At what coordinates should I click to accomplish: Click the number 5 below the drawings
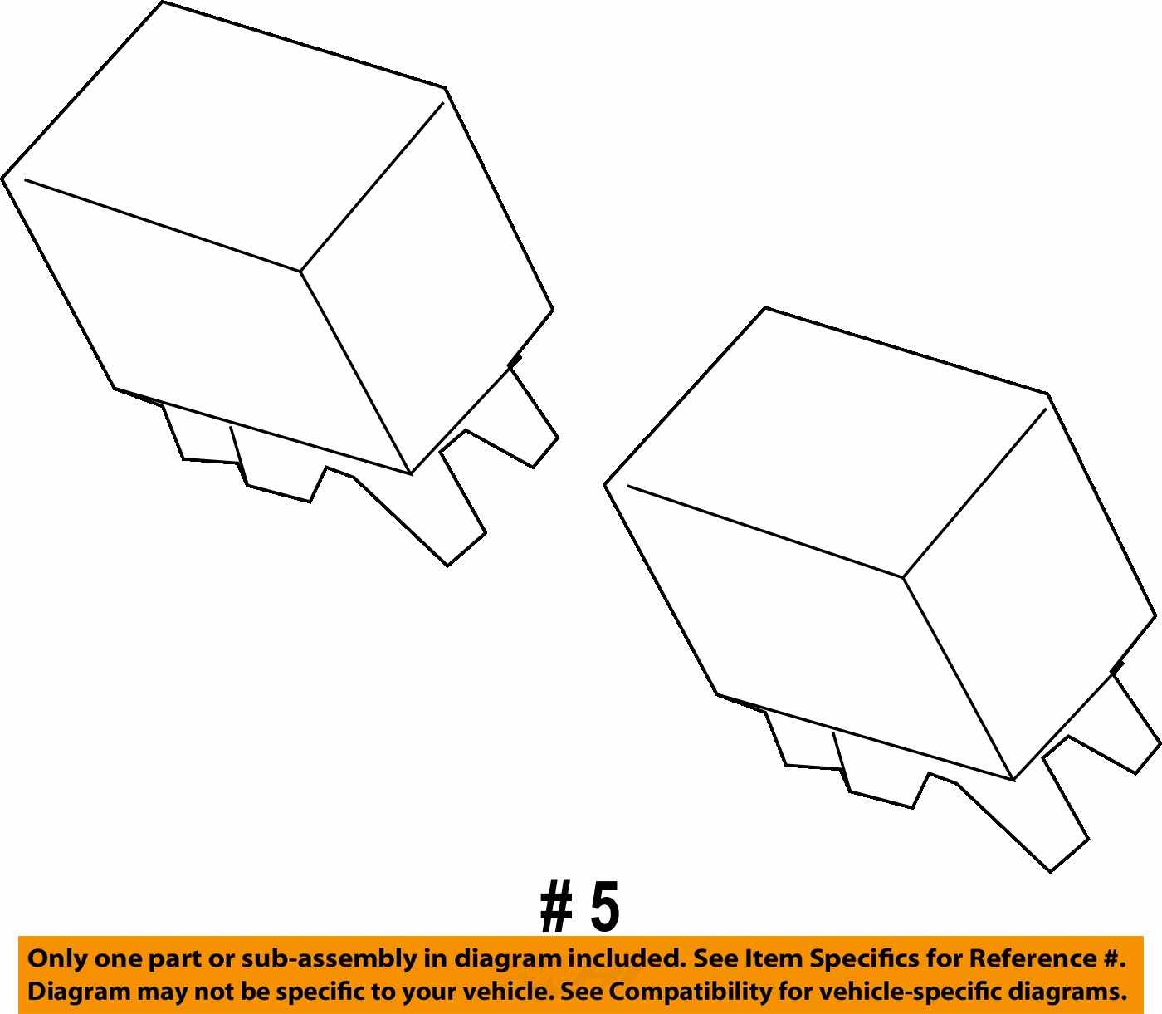[x=604, y=907]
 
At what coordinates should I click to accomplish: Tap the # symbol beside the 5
[x=556, y=907]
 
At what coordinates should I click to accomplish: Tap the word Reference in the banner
[x=1032, y=959]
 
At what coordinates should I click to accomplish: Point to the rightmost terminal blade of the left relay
[x=533, y=418]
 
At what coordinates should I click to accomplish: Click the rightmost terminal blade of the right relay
[x=1135, y=724]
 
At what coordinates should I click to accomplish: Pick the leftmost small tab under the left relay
[x=202, y=434]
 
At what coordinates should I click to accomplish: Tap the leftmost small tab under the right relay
[x=804, y=741]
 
